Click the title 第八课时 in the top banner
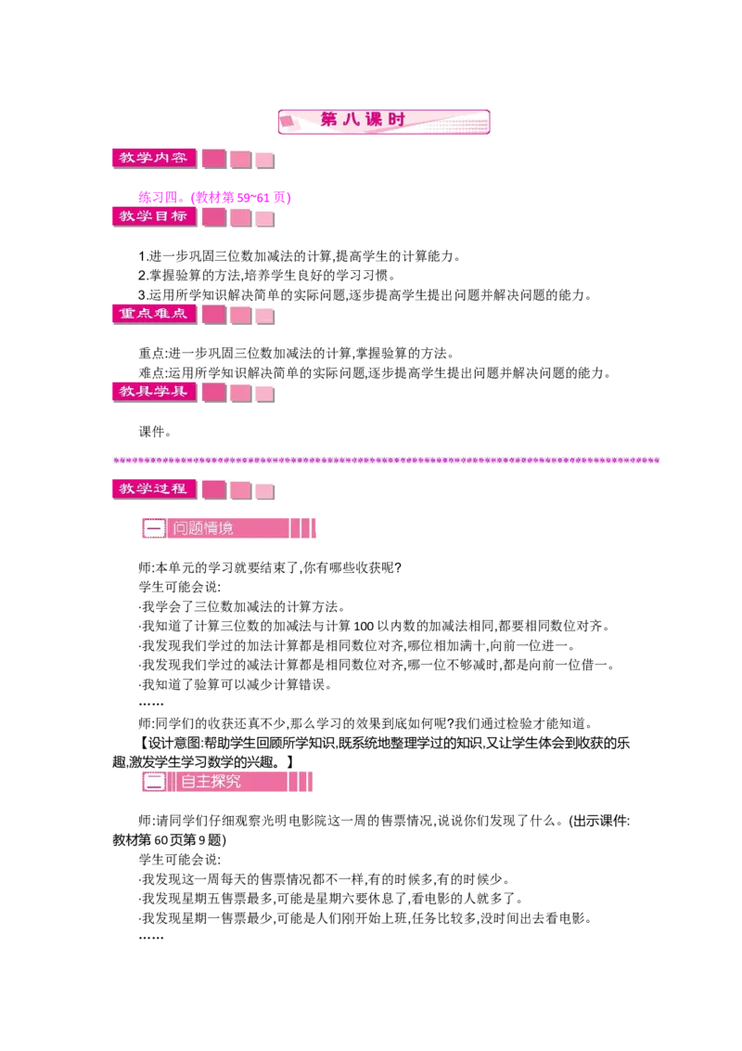click(x=363, y=121)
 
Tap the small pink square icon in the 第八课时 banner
click(x=288, y=121)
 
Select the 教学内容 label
click(x=153, y=158)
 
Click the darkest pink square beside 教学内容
click(x=214, y=159)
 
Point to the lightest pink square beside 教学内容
click(x=264, y=160)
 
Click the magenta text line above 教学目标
click(x=215, y=197)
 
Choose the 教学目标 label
click(x=153, y=216)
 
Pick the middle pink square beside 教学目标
click(x=240, y=218)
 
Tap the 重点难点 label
click(x=153, y=314)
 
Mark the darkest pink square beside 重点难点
click(x=214, y=315)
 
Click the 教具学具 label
click(x=153, y=391)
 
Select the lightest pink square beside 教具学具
click(x=264, y=394)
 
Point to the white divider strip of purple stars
click(x=389, y=458)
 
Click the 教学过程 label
click(x=153, y=488)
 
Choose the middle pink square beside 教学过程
click(x=240, y=490)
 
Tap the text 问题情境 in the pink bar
click(x=203, y=528)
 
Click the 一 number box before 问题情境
click(x=155, y=528)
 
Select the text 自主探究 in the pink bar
click(x=207, y=782)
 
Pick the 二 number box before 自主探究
click(x=155, y=782)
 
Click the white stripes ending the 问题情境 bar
click(x=303, y=528)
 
